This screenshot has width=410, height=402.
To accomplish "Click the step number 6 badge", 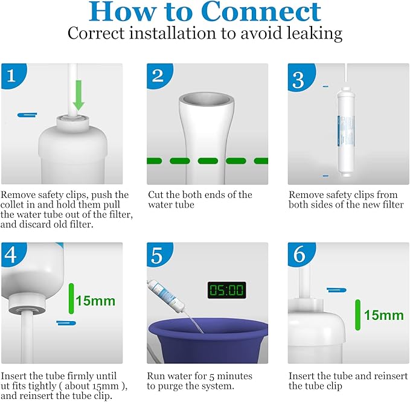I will tap(299, 255).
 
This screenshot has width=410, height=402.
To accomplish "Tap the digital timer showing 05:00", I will tap(226, 290).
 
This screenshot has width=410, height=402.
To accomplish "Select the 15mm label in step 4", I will tap(95, 300).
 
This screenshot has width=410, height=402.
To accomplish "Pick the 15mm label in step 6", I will tap(383, 315).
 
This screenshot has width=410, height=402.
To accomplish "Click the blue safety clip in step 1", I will tap(27, 114).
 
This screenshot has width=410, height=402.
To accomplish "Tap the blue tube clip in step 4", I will tap(66, 323).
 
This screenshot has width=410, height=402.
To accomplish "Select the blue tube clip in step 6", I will tap(336, 290).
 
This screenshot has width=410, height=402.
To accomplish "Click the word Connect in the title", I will tap(261, 11).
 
